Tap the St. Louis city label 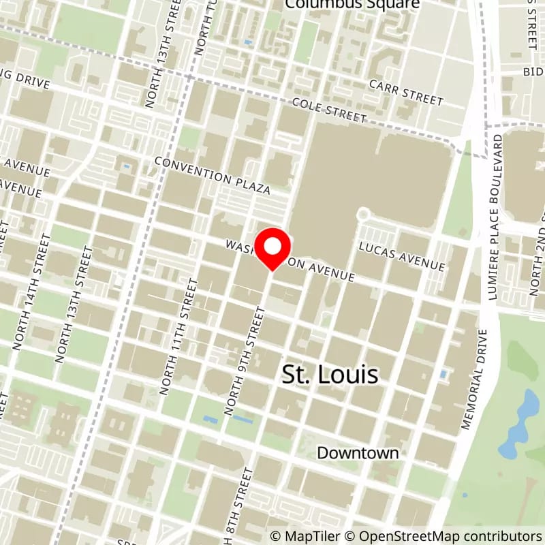click(330, 375)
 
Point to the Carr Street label click(406, 91)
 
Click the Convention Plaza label click(212, 174)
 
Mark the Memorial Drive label click(476, 379)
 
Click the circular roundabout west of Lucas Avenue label click(362, 215)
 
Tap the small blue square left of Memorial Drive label click(444, 374)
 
